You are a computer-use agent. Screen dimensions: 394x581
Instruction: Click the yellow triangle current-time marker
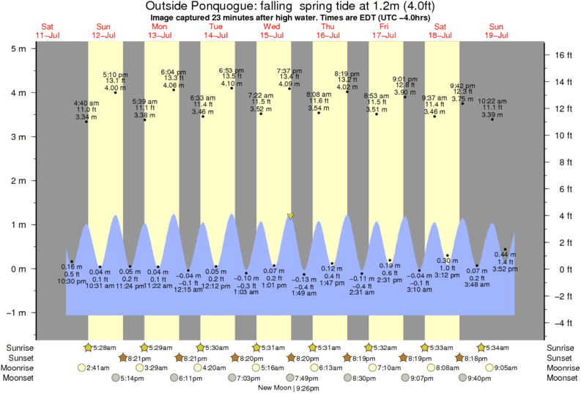click(290, 216)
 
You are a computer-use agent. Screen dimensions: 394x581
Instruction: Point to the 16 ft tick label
click(561, 55)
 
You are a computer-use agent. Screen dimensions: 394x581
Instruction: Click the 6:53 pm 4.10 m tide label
click(232, 77)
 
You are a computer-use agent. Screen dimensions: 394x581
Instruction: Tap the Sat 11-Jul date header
click(47, 31)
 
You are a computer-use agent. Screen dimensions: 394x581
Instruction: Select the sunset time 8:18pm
click(469, 357)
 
